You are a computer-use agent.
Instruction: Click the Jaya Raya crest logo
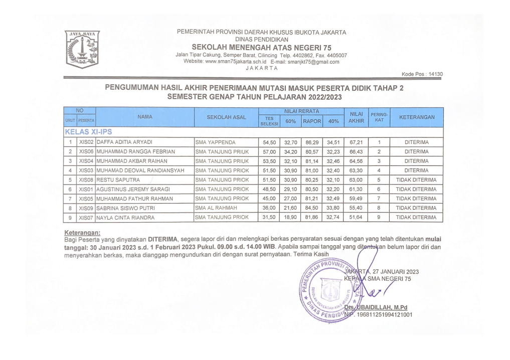point(82,49)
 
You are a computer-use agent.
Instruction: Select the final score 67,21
point(356,142)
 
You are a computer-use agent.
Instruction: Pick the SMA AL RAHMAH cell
point(213,208)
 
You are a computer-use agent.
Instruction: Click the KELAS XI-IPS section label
point(88,132)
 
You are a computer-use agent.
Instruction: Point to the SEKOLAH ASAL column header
point(226,117)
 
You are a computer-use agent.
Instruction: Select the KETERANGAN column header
point(416,117)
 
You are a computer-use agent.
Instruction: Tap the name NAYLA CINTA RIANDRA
point(126,218)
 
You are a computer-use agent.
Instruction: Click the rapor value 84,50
point(310,208)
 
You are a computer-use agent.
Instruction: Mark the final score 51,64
point(356,218)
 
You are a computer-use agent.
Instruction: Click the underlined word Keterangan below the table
point(83,233)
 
